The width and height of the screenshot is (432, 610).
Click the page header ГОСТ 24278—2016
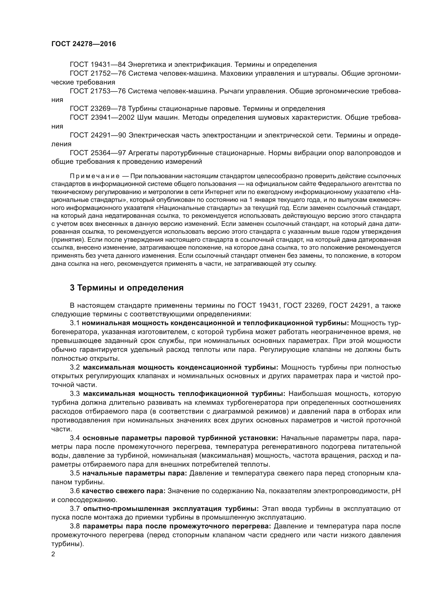tap(84, 44)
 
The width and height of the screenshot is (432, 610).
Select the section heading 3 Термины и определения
tap(127, 288)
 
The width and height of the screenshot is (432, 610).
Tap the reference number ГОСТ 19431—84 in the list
tap(98, 65)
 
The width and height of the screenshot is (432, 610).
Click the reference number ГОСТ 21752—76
tap(98, 73)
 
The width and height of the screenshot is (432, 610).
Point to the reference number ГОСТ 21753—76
tap(98, 91)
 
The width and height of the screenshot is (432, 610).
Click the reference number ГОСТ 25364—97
tap(98, 153)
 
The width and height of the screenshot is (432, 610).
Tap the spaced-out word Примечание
tap(95, 176)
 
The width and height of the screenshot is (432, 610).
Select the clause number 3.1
tap(75, 323)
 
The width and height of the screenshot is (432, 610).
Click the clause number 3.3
tap(75, 394)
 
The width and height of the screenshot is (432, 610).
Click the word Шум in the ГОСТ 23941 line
tap(145, 117)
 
